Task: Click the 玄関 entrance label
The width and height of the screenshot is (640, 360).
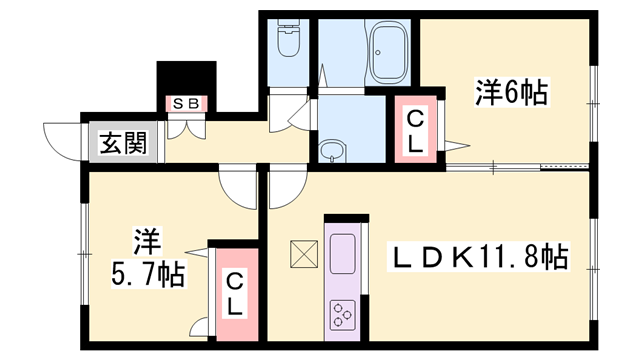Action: [123, 143]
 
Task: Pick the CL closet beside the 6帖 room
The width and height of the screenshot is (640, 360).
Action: [416, 130]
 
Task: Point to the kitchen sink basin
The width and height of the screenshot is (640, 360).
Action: [340, 249]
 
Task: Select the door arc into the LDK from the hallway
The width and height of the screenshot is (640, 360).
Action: [285, 186]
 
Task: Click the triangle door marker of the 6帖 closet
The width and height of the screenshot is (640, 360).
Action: [456, 147]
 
